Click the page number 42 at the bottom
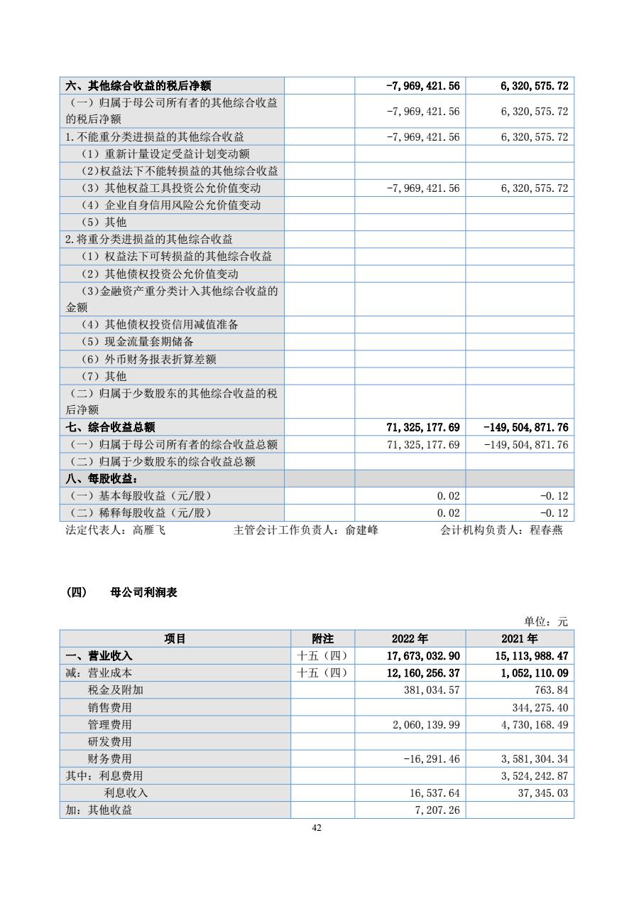(x=317, y=827)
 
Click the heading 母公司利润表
(x=144, y=592)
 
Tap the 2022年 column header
(x=410, y=638)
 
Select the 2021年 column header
(x=520, y=638)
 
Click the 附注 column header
(x=322, y=638)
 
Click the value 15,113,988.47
(x=528, y=655)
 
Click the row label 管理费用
(x=110, y=724)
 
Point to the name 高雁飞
(x=149, y=530)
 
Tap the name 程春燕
(x=546, y=530)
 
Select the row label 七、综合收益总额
(x=110, y=427)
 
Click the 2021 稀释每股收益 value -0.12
(x=554, y=512)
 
